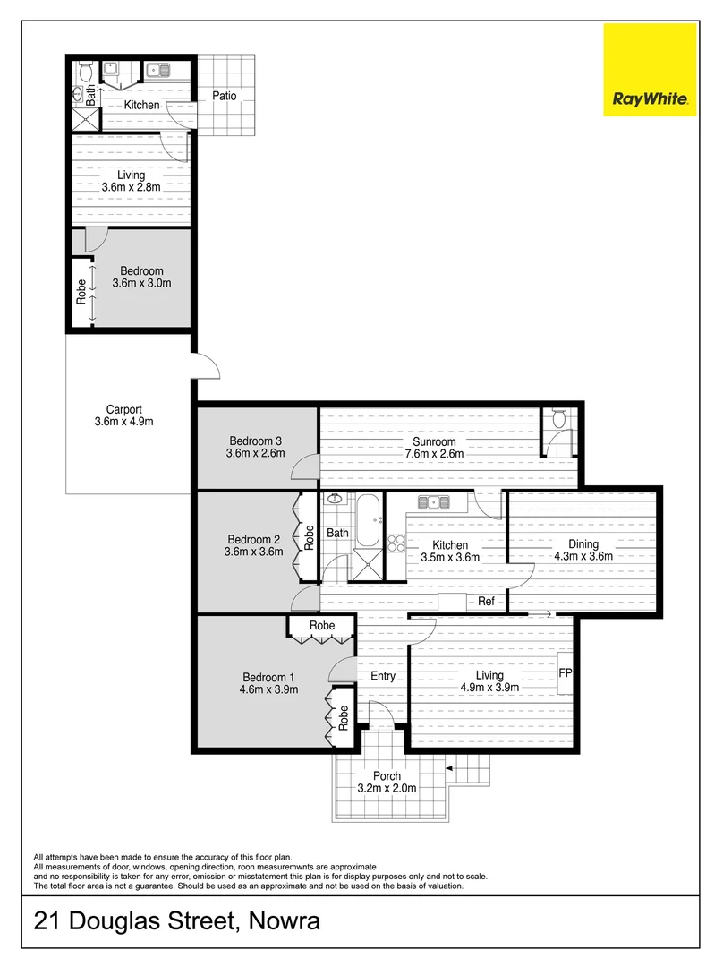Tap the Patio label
(224, 95)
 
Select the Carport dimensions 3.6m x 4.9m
(124, 421)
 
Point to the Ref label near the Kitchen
(486, 603)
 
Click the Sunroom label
(434, 441)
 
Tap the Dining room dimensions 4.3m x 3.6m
(583, 556)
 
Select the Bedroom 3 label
(256, 441)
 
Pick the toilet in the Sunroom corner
(558, 419)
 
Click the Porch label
(387, 775)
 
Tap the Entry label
(382, 676)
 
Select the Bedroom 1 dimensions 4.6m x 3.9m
(268, 689)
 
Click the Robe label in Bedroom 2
(310, 535)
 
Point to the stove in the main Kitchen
(397, 543)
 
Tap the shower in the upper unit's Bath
(88, 121)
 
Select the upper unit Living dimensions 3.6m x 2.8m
(130, 188)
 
